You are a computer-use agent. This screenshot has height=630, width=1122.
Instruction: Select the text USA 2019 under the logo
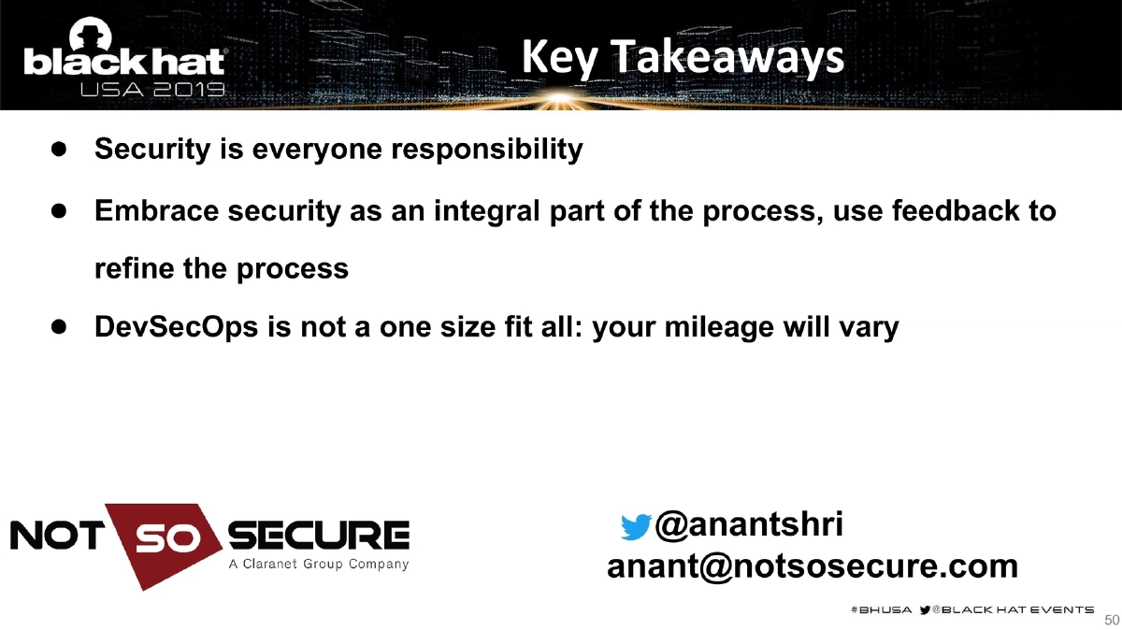pyautogui.click(x=152, y=91)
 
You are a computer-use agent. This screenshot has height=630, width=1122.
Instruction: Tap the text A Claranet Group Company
pyautogui.click(x=318, y=565)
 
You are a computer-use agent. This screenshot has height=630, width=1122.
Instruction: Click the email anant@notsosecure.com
pyautogui.click(x=813, y=566)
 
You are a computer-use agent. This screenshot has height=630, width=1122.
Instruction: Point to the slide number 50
pyautogui.click(x=1112, y=620)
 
